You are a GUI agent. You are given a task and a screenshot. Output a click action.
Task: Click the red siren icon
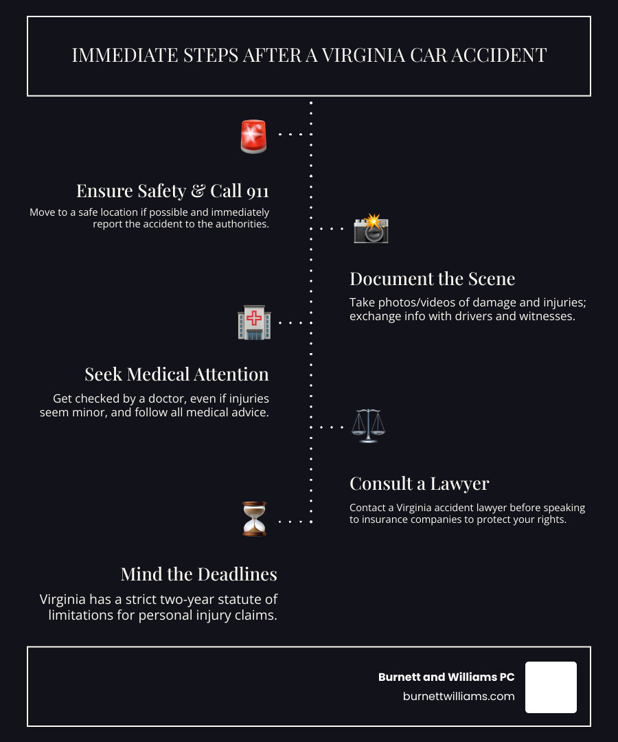[253, 135]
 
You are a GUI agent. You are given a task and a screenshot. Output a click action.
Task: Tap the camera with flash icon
[371, 229]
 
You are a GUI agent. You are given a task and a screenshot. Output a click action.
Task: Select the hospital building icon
[254, 322]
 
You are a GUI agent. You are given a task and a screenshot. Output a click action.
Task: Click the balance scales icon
[368, 426]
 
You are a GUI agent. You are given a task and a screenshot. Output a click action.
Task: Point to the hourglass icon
[254, 519]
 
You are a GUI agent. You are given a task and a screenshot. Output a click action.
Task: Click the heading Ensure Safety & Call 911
[172, 190]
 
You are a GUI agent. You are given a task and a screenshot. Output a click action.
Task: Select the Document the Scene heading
[432, 278]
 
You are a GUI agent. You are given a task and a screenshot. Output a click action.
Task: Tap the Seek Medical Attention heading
[176, 374]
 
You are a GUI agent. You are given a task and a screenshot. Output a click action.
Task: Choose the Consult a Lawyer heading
[419, 483]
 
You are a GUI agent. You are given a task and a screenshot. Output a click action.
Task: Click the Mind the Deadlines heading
[198, 574]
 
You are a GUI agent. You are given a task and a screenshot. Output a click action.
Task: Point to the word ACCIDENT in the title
[505, 56]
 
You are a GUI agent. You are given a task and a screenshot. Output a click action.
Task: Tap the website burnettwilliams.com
[459, 696]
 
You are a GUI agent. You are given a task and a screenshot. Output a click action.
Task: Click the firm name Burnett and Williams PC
[446, 677]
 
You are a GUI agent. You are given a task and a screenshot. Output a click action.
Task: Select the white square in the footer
[551, 687]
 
